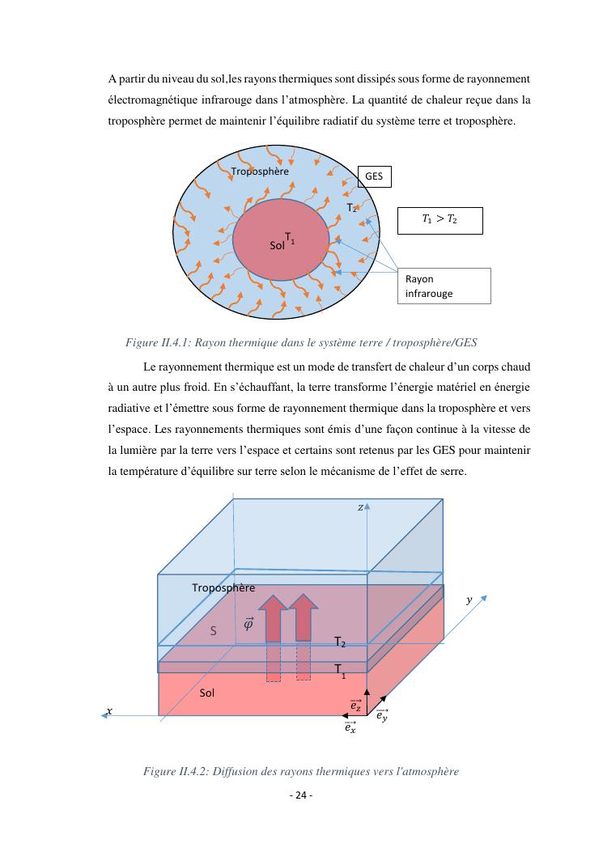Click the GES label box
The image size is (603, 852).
click(374, 176)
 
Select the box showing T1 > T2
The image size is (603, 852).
click(440, 220)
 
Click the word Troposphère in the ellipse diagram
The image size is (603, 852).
click(259, 171)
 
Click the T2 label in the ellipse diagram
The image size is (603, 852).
click(352, 208)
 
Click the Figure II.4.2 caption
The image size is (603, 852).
click(301, 771)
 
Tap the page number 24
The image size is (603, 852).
click(301, 795)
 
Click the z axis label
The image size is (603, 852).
click(360, 507)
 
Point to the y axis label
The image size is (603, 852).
click(469, 600)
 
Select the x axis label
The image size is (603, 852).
click(109, 710)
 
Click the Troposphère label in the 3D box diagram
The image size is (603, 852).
click(223, 587)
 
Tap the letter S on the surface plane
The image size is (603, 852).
click(214, 630)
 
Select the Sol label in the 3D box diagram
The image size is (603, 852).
click(207, 693)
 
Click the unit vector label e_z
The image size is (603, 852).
click(355, 706)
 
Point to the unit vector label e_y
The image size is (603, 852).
click(381, 714)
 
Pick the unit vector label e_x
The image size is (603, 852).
click(350, 727)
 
